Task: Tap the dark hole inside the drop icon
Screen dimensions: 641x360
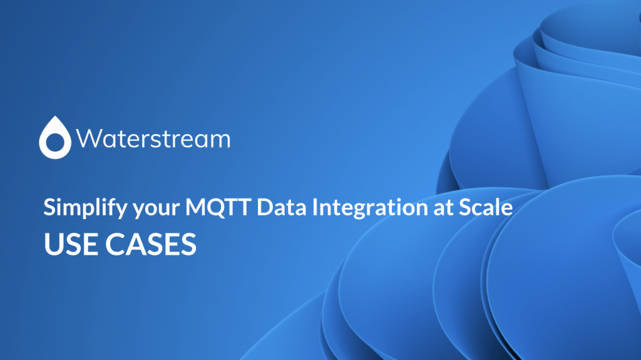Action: (55, 141)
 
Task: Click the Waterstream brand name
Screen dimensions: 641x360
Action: (153, 139)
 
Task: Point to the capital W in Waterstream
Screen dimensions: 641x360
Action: (88, 139)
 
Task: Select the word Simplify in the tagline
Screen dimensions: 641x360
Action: (85, 207)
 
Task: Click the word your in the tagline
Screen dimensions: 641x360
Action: (156, 209)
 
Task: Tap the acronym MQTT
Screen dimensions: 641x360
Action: (218, 207)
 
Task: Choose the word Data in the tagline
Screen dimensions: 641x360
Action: (282, 207)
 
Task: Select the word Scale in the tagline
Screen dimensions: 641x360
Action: (486, 207)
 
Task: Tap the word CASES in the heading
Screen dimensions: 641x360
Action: (151, 244)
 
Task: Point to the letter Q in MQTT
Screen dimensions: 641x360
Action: (217, 207)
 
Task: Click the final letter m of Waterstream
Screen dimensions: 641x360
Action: (220, 140)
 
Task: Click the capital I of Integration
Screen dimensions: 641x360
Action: (315, 207)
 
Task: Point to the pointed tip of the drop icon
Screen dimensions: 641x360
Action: (55, 116)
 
